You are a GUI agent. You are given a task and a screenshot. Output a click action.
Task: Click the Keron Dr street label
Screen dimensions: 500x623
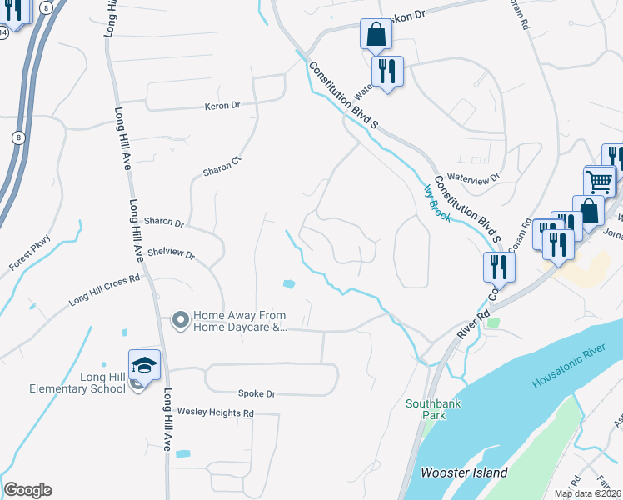pos(222,106)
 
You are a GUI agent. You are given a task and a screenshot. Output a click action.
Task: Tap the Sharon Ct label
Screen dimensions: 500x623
pos(222,166)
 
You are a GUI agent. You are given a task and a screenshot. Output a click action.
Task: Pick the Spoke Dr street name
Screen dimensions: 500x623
pos(257,393)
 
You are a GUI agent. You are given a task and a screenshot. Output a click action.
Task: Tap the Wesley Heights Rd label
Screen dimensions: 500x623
pos(215,412)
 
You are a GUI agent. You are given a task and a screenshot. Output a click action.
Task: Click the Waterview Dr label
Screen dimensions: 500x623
pos(472,177)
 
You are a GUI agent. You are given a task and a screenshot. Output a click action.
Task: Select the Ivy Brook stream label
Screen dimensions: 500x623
pos(437,202)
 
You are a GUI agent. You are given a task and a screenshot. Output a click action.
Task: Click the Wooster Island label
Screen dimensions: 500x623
pos(464,472)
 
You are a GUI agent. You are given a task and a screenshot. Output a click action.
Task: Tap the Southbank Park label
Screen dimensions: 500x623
pos(433,409)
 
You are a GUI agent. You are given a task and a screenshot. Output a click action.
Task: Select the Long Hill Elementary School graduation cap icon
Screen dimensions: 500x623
pos(144,365)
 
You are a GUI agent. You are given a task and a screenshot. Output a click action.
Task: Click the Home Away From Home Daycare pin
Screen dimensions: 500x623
pos(180,320)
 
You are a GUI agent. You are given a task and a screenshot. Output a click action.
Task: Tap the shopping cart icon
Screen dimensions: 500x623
pos(599,181)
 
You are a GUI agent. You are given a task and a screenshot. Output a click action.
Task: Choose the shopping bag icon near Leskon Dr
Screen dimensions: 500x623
pos(376,34)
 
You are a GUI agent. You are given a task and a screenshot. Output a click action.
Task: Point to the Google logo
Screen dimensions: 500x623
pos(27,490)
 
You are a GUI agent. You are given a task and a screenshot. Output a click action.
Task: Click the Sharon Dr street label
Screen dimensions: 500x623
pos(163,222)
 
